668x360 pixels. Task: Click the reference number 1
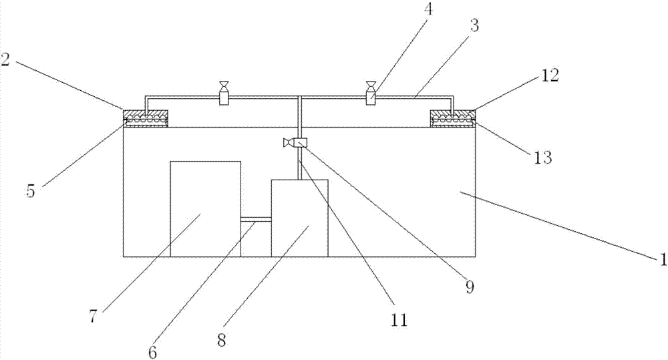tap(663, 259)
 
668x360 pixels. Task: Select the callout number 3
tap(474, 26)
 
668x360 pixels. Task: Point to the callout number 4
tap(428, 10)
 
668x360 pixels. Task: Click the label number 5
tap(30, 191)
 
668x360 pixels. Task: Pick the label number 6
tap(152, 352)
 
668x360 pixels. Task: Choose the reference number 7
tap(94, 317)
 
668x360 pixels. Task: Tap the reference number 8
tap(222, 341)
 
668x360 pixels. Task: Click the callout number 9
tap(470, 288)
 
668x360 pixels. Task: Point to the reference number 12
tap(550, 76)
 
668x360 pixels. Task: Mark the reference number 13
tap(543, 158)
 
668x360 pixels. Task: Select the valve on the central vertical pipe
tap(295, 143)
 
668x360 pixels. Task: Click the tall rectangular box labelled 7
tap(205, 209)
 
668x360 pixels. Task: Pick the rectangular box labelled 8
tap(300, 218)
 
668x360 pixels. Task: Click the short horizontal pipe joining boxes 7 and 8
tap(256, 220)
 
